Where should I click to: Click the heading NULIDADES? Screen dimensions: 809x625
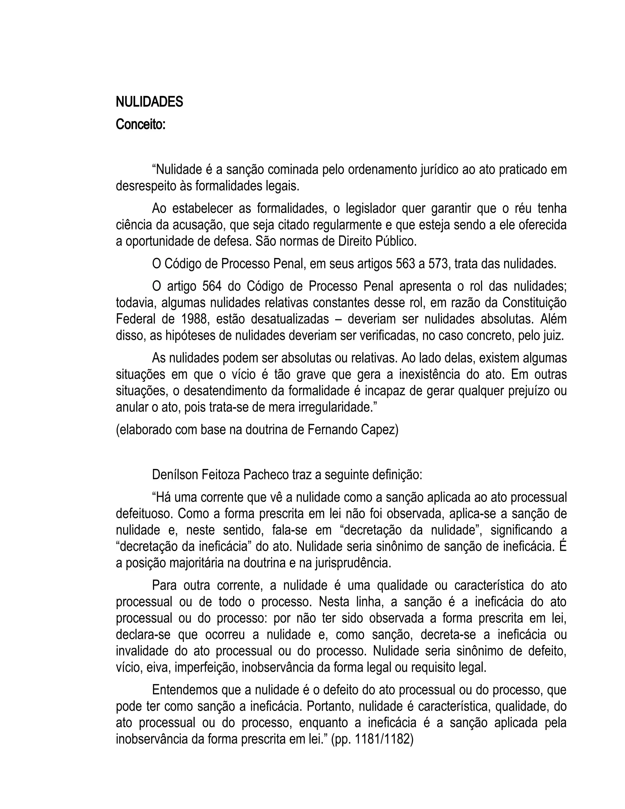pyautogui.click(x=149, y=102)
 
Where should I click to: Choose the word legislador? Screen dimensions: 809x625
pyautogui.click(x=370, y=209)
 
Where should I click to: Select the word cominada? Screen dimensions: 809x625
pyautogui.click(x=293, y=170)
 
